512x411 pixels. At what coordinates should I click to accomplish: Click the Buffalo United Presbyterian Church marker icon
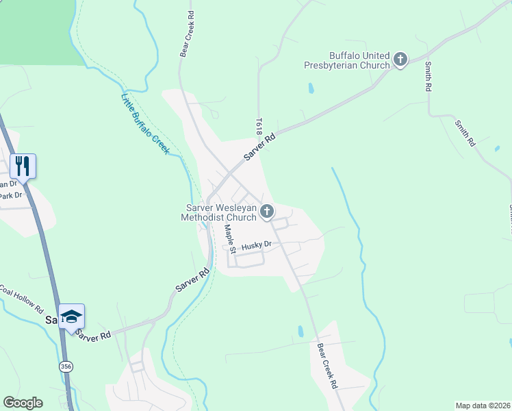400,60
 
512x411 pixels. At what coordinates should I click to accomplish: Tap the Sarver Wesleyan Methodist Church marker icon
267,212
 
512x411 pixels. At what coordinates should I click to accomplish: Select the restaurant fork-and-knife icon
23,166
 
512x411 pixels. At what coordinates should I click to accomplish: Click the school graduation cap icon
71,316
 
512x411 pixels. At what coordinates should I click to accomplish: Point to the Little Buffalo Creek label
144,123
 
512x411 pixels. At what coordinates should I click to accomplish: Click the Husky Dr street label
257,244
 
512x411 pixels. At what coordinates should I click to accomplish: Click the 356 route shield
65,366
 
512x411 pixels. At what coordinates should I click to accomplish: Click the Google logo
23,403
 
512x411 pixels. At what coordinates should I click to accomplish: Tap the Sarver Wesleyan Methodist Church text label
218,212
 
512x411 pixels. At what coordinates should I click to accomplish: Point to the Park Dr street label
11,196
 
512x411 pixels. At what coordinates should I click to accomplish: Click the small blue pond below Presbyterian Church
311,88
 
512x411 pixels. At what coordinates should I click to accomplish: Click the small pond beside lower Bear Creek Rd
300,332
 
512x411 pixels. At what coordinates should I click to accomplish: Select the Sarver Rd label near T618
261,146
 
